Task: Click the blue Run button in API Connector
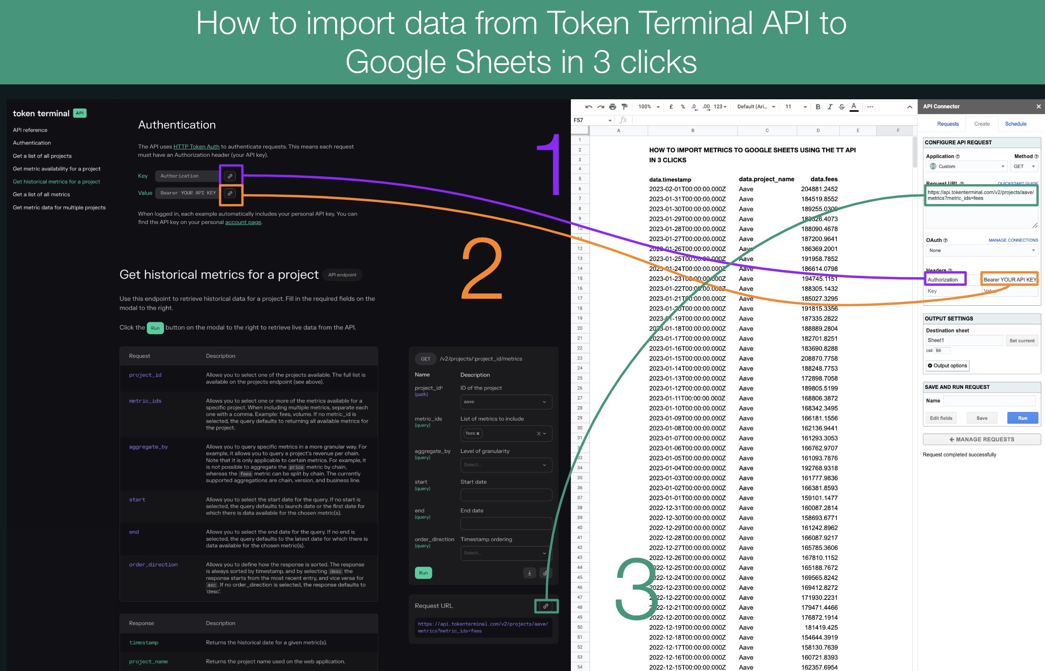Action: point(1022,418)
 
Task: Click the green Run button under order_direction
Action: point(423,573)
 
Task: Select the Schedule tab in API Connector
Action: point(1015,124)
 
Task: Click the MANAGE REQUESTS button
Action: point(981,439)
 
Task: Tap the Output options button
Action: point(947,366)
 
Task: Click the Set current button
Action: point(1021,340)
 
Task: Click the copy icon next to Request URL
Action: point(545,606)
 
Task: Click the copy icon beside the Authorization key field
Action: point(230,176)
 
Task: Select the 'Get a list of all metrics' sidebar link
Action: point(41,194)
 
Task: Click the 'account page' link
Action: point(242,222)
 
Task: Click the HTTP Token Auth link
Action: point(196,146)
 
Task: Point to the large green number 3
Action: point(636,588)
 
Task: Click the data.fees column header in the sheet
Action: point(823,179)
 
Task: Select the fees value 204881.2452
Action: point(819,189)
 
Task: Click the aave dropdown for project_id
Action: point(506,402)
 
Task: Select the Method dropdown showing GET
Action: point(1023,166)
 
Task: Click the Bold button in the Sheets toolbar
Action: point(817,107)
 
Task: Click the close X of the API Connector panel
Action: point(1038,106)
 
